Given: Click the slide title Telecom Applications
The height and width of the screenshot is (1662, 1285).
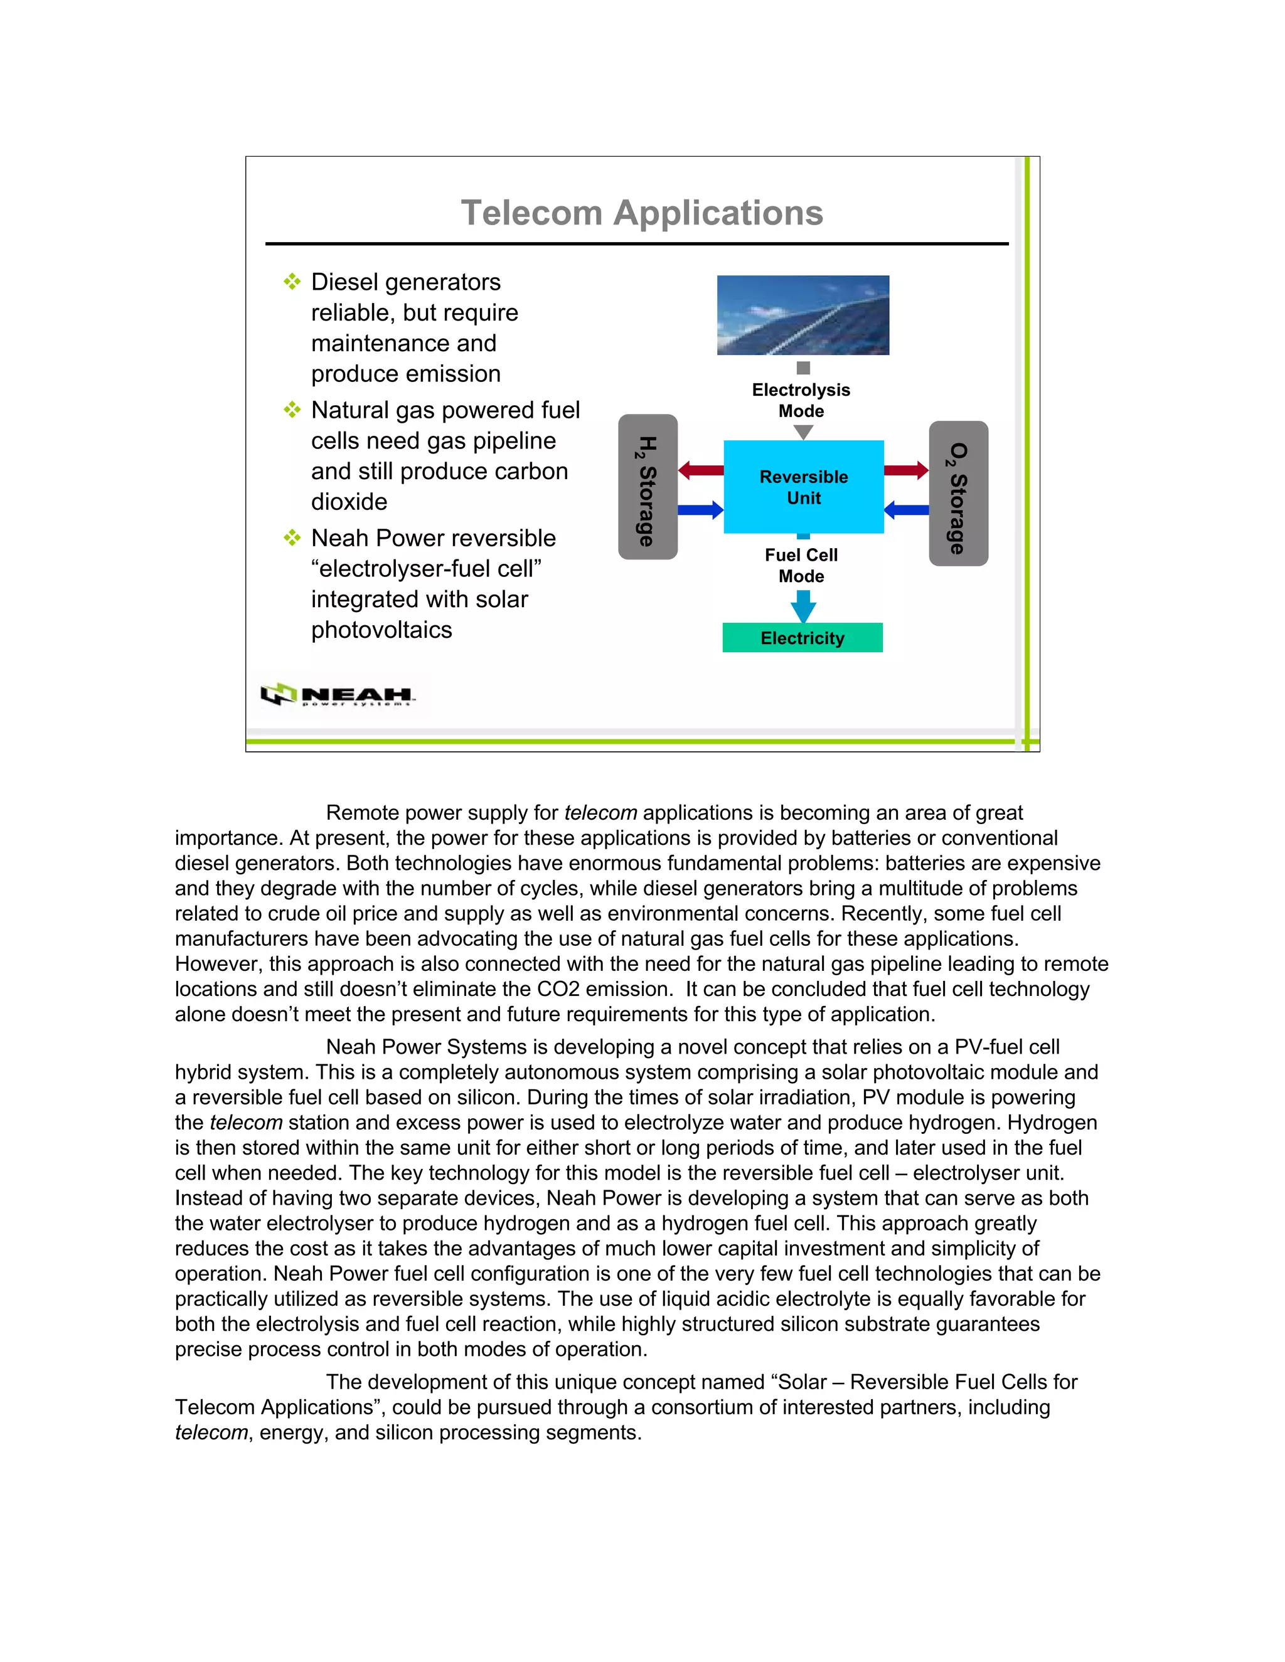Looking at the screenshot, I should pyautogui.click(x=642, y=213).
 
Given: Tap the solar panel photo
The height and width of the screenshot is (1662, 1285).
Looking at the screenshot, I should pyautogui.click(x=802, y=315).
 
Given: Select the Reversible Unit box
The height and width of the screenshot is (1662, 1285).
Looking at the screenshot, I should pyautogui.click(x=803, y=487).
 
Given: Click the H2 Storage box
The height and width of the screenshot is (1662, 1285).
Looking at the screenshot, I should pyautogui.click(x=647, y=487).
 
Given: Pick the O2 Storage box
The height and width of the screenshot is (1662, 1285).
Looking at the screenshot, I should pyautogui.click(x=959, y=493).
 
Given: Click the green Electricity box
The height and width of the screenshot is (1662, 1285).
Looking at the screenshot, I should pyautogui.click(x=802, y=638).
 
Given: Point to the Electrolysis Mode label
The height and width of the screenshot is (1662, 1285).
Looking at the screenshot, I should pyautogui.click(x=801, y=400).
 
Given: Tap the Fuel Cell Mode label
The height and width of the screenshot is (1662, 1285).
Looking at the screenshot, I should pyautogui.click(x=801, y=566).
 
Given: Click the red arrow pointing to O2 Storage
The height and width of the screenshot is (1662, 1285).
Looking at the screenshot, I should pyautogui.click(x=906, y=470).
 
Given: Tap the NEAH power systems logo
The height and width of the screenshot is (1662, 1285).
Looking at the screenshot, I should pyautogui.click(x=337, y=695).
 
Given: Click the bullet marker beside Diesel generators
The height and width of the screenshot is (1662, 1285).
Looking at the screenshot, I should pyautogui.click(x=292, y=282).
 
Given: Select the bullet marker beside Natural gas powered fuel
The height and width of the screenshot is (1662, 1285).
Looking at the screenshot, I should pyautogui.click(x=292, y=410).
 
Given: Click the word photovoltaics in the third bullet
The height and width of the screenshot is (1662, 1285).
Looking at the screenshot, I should pyautogui.click(x=381, y=630).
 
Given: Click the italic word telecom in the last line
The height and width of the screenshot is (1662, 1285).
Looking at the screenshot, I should pyautogui.click(x=211, y=1433).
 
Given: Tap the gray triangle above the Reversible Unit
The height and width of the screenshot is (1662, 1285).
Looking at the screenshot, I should pyautogui.click(x=803, y=431).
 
